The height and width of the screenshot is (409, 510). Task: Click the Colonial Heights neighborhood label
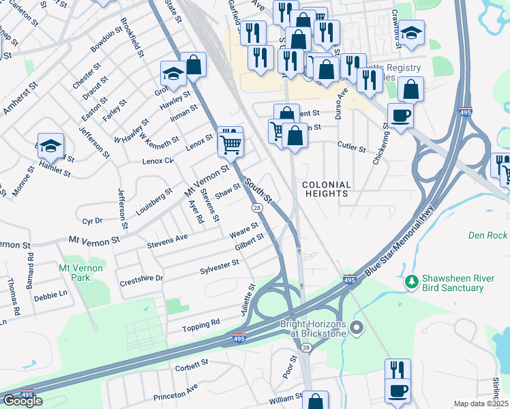coord(326,189)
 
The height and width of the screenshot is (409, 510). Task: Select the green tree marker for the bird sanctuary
coord(410,281)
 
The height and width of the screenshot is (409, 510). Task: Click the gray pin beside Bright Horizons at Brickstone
coord(355,330)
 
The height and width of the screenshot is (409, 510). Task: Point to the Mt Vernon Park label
coord(80,273)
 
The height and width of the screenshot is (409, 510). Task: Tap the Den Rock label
coord(487,235)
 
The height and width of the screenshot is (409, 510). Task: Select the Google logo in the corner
coord(22,401)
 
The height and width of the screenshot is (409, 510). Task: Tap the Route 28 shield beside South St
coord(256,208)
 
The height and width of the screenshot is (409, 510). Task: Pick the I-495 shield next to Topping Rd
coord(239,337)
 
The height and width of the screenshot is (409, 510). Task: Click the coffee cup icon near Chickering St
coord(400,115)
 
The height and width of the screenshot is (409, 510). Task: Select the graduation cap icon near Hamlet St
coord(50,145)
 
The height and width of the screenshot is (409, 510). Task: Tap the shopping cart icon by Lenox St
coord(231,143)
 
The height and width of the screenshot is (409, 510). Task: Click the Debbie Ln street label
coord(50,295)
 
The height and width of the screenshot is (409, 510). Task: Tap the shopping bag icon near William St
coord(315,401)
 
